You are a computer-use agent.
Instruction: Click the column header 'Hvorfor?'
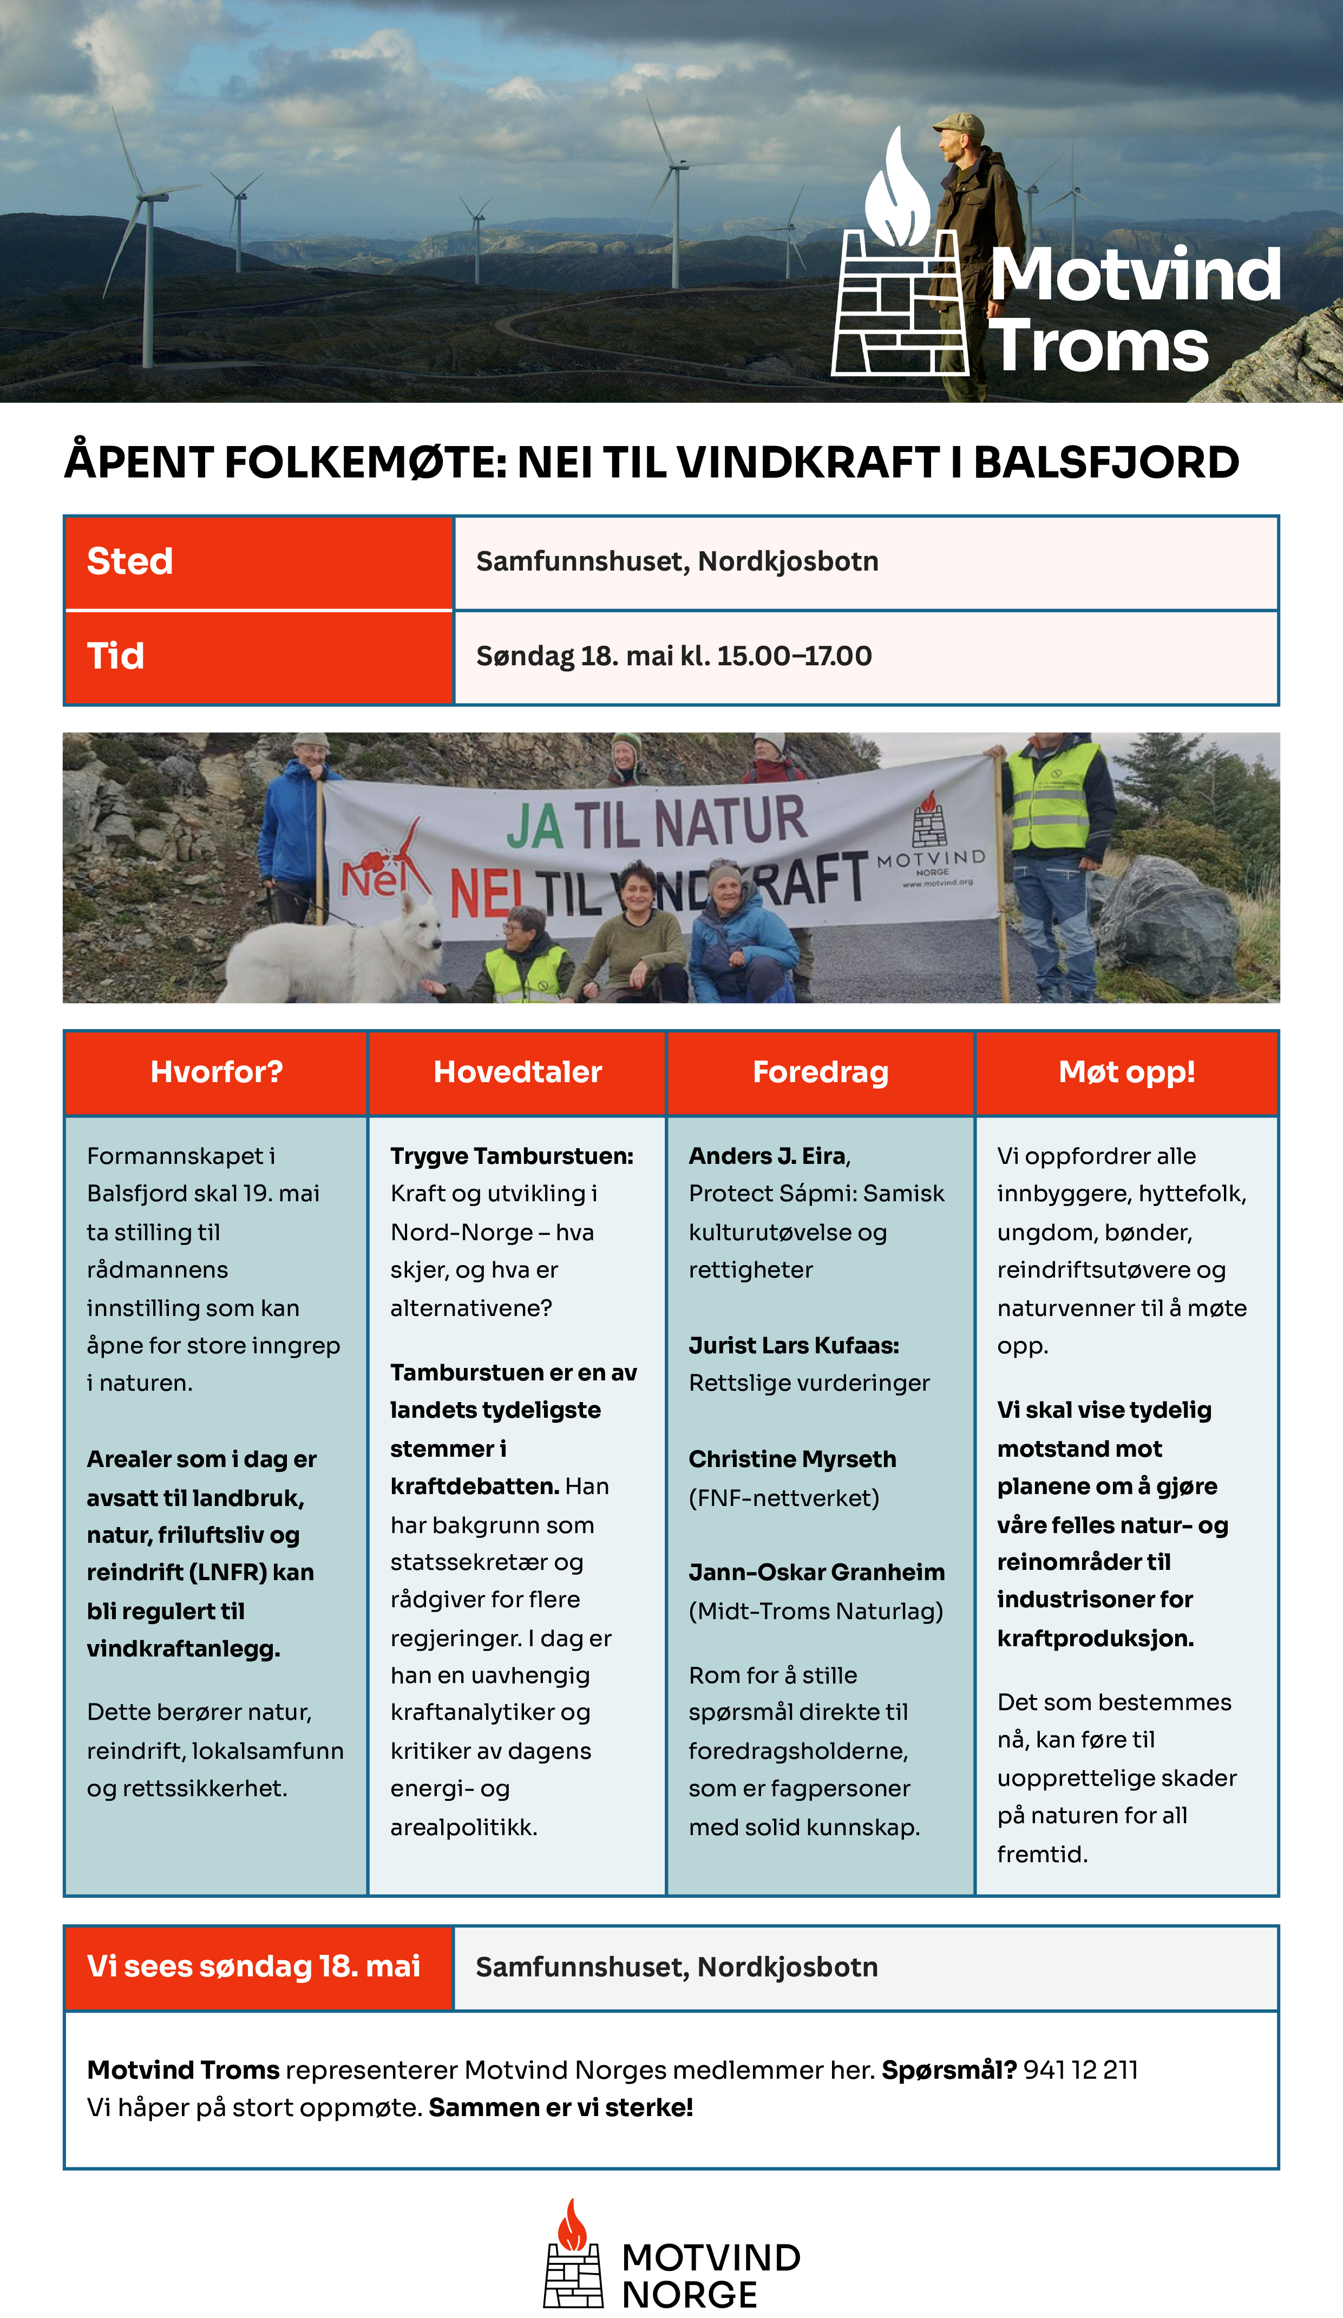point(216,1072)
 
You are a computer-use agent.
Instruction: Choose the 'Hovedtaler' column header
point(517,1072)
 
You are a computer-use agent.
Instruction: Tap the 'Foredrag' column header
point(821,1072)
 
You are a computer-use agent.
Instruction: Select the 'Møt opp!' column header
point(1127,1072)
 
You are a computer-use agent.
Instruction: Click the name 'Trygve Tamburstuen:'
point(512,1156)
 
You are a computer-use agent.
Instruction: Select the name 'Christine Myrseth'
point(792,1460)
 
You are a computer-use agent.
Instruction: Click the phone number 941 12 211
point(1081,2071)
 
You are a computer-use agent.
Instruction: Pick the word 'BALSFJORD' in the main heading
point(1106,463)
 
